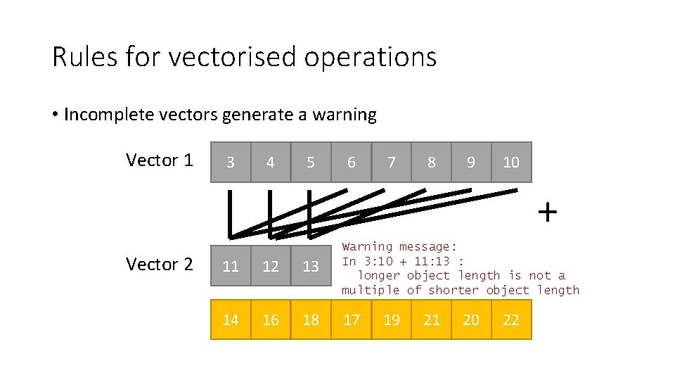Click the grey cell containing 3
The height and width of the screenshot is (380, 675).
(x=231, y=163)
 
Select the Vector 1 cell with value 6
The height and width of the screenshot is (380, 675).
(x=351, y=163)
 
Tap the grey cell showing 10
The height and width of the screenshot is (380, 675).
(x=511, y=163)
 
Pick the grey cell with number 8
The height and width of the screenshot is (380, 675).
(x=431, y=163)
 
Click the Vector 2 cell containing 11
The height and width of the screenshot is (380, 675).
(x=231, y=266)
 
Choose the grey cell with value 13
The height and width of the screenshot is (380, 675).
(x=311, y=266)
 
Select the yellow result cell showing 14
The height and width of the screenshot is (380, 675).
(x=231, y=320)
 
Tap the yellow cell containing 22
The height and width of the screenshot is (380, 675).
(x=511, y=320)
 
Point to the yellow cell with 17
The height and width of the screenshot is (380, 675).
(x=351, y=320)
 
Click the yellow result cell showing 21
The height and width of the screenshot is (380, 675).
(x=431, y=320)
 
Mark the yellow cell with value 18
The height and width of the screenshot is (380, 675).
(x=311, y=320)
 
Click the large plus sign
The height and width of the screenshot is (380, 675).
(x=547, y=211)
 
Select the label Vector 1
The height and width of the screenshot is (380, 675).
(x=159, y=160)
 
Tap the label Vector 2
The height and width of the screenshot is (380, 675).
(x=159, y=265)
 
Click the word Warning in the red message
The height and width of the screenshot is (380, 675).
(x=367, y=247)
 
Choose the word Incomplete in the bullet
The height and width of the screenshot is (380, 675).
(x=105, y=115)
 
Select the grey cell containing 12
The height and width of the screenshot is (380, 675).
(x=271, y=266)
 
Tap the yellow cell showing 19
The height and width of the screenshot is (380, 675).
(x=391, y=320)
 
